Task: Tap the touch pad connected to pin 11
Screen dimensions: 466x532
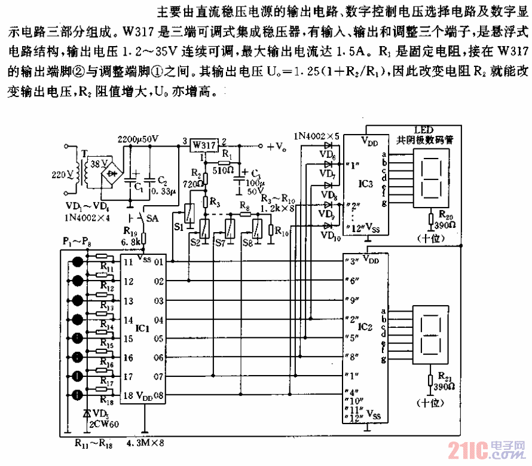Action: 78,262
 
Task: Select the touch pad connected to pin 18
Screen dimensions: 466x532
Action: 78,395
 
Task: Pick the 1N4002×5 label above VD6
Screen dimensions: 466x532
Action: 316,136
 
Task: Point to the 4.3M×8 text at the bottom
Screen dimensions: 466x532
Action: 145,444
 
